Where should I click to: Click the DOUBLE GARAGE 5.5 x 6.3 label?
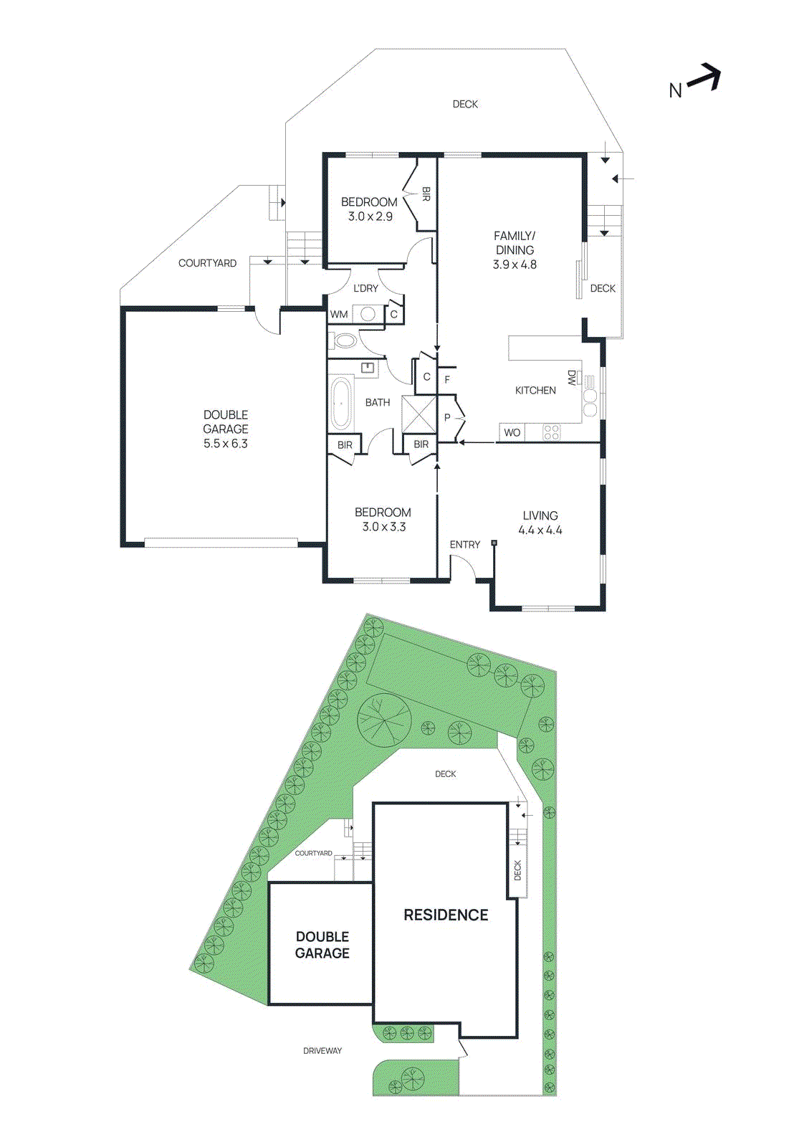tap(226, 429)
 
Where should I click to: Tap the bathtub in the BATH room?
tap(341, 403)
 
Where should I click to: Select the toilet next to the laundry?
tap(345, 341)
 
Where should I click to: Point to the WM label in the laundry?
tap(339, 314)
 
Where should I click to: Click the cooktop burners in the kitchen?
tap(551, 432)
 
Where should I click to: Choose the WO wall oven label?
tap(512, 432)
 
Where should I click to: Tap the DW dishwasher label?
tap(571, 378)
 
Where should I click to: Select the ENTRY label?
tap(464, 545)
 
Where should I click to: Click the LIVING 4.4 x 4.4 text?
tap(540, 523)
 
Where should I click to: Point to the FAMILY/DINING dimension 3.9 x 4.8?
tap(515, 265)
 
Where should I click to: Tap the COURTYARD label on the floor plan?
tap(207, 263)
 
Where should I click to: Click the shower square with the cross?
tap(418, 414)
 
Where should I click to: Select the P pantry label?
tap(447, 417)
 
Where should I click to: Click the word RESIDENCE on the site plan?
tap(446, 915)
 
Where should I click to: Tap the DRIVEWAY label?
tap(322, 1050)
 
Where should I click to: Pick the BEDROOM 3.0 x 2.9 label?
tap(369, 209)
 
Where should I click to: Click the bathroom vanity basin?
tap(368, 368)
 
